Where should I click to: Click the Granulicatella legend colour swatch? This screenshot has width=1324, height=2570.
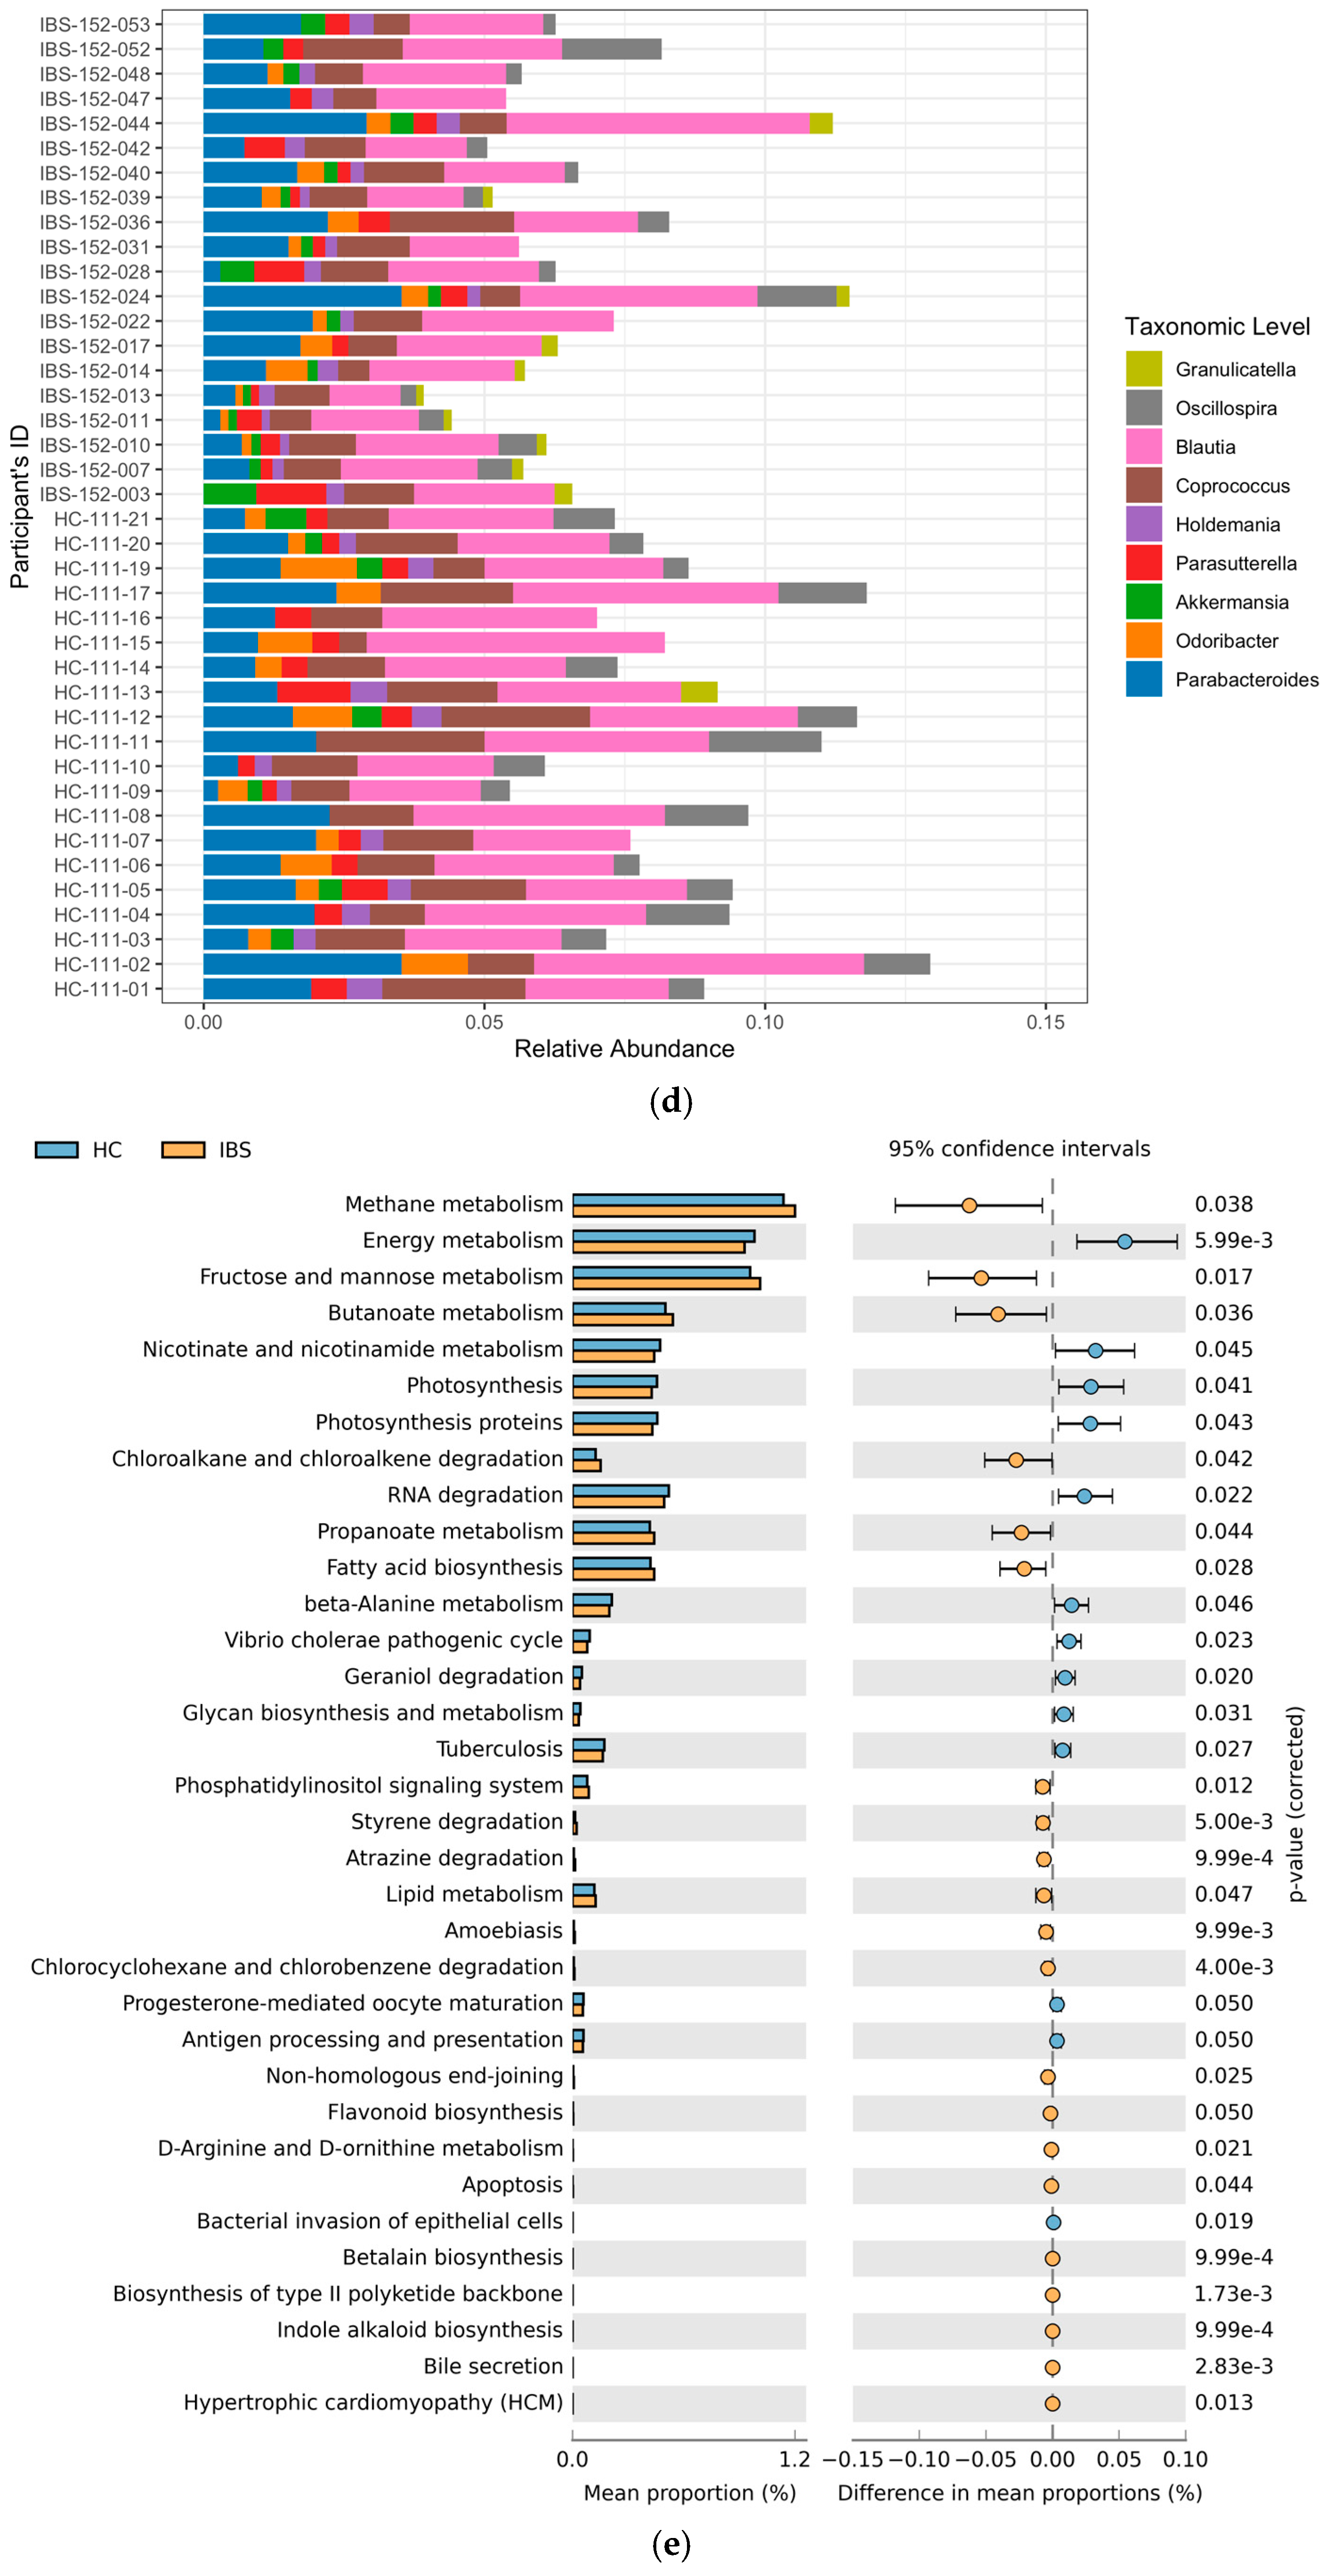coord(1143,369)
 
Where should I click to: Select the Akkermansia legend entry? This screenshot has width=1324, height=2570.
coord(1231,602)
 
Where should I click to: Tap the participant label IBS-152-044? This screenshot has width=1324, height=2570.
coord(95,124)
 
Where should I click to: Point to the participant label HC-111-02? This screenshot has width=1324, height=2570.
coord(102,964)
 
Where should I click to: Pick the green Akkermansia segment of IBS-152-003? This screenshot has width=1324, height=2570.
coord(229,494)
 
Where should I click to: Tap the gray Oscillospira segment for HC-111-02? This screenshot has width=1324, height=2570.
coord(896,964)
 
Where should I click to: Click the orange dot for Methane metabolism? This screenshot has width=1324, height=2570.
coord(969,1205)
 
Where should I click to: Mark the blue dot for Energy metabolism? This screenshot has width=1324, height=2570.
coord(1124,1241)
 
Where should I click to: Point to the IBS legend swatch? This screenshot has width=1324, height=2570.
coord(183,1149)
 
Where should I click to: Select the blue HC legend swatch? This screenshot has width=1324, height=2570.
coord(56,1149)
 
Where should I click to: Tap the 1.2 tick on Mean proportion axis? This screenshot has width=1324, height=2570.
coord(794,2458)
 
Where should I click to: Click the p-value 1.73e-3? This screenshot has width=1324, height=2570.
coord(1233,2294)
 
